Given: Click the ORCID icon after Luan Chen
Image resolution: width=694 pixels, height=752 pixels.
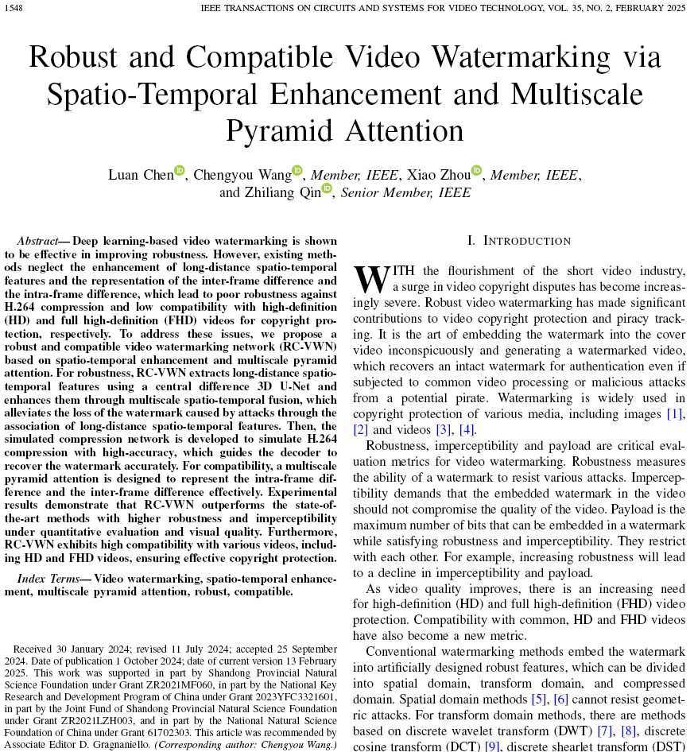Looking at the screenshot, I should pyautogui.click(x=180, y=170).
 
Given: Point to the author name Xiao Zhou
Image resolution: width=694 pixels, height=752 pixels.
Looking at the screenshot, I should pyautogui.click(x=439, y=175).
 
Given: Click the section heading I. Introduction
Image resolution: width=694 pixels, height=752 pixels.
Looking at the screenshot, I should pyautogui.click(x=519, y=241).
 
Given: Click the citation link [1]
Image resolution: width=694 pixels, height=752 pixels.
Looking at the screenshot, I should pyautogui.click(x=675, y=414).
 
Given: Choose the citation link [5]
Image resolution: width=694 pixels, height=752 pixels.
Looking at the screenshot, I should pyautogui.click(x=540, y=700).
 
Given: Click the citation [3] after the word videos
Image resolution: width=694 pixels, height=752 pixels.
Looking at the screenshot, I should pyautogui.click(x=444, y=429).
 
